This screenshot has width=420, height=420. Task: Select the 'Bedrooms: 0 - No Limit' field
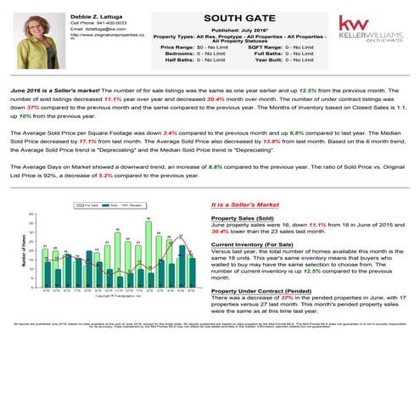[193, 53]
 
